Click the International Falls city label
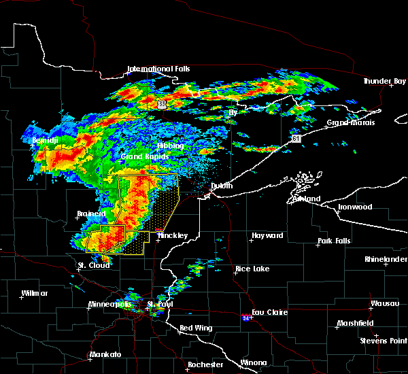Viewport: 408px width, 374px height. [x=159, y=69]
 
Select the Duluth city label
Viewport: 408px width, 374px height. [x=217, y=186]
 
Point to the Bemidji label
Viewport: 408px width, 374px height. [x=45, y=141]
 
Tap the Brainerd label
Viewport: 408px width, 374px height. [x=91, y=214]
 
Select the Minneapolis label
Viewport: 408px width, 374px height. [x=111, y=304]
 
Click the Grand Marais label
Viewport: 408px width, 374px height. [x=349, y=123]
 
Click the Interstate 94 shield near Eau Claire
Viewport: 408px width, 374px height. [x=245, y=318]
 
